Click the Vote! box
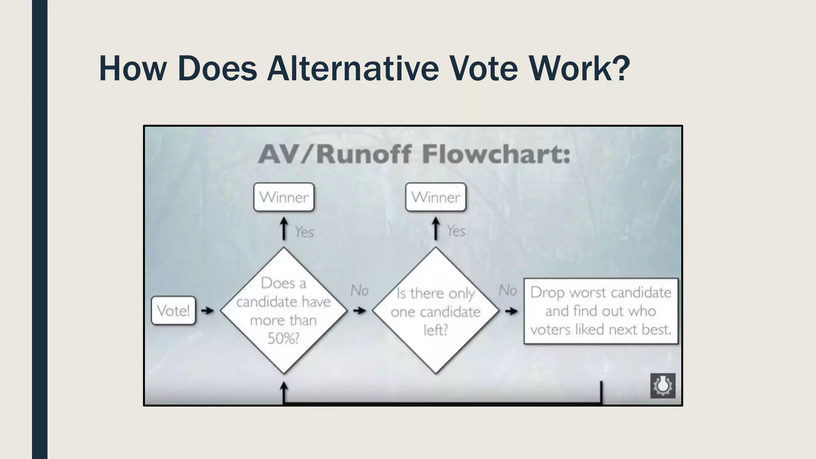[173, 310]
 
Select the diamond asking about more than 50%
[283, 310]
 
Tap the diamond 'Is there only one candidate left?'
[435, 310]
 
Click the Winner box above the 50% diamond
[284, 197]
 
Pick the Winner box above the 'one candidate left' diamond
[435, 197]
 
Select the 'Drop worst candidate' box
[600, 311]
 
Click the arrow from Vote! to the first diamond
[207, 310]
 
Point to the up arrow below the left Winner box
[284, 228]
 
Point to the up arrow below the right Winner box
[435, 228]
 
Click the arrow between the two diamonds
[359, 310]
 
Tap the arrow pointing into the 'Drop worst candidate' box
[511, 311]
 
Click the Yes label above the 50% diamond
[304, 232]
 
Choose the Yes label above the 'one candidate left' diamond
[456, 231]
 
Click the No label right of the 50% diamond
[359, 290]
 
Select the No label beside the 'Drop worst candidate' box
[508, 290]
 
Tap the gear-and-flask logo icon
[663, 385]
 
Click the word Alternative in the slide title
[352, 68]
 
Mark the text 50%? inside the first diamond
[283, 339]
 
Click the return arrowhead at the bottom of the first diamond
[284, 386]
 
